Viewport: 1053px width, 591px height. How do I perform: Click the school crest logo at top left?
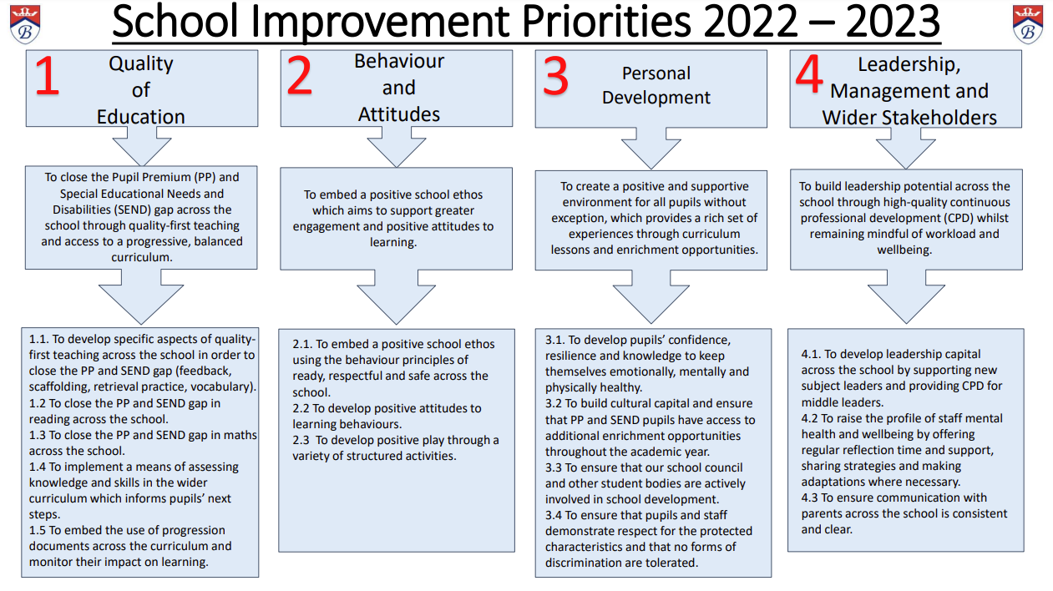(25, 24)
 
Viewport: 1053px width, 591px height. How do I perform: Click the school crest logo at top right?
(1028, 24)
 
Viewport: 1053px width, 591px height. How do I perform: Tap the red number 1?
(48, 75)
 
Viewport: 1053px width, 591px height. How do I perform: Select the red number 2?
(300, 75)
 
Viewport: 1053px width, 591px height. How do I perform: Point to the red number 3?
(555, 75)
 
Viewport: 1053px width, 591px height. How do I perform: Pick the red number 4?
(809, 73)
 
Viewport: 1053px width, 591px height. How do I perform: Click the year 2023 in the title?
(892, 21)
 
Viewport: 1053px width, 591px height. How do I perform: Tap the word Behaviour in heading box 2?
(398, 61)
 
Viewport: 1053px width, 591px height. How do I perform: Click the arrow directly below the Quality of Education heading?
(141, 145)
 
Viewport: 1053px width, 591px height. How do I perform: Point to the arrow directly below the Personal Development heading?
(651, 148)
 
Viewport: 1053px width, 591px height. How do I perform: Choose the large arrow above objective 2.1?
(397, 297)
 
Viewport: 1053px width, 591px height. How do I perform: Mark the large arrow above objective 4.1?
(906, 296)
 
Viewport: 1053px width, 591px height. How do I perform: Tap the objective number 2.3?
(301, 440)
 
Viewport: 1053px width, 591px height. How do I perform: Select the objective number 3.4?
(554, 515)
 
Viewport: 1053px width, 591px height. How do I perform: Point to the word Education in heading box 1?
(141, 117)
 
